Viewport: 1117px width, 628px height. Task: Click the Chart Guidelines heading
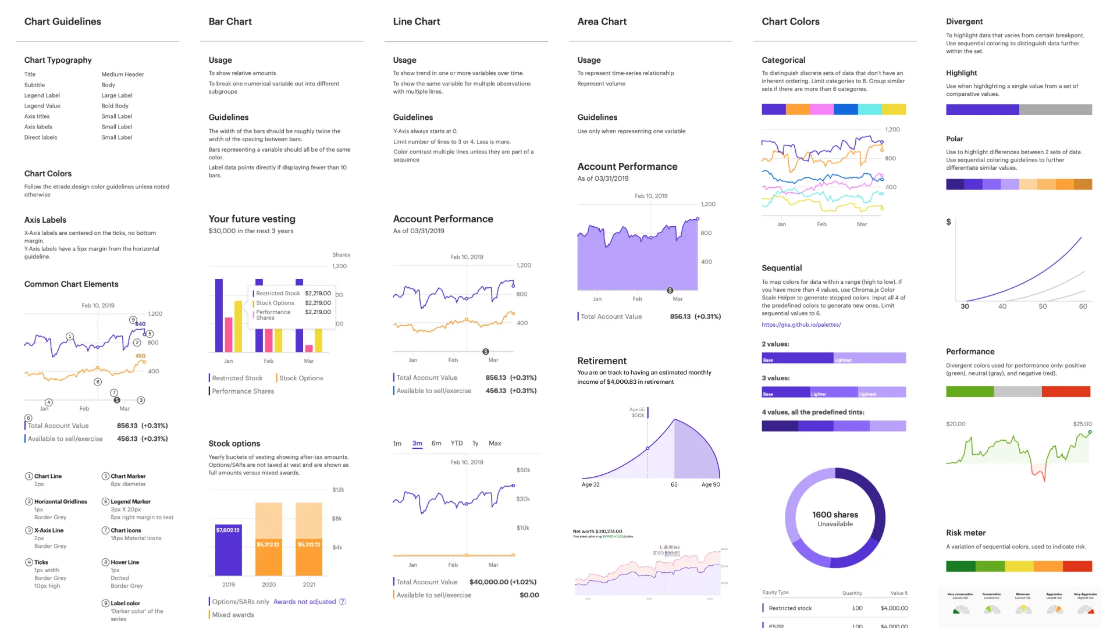(62, 22)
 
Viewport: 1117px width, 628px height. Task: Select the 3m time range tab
(417, 443)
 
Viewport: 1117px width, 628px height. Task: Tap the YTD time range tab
(457, 443)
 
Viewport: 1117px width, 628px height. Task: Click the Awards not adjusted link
(304, 602)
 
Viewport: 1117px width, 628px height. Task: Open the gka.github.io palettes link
(801, 324)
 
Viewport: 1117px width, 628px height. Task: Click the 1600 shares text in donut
(835, 515)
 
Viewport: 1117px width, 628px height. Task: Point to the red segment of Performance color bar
(1066, 391)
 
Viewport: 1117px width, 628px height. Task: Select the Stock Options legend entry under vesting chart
(301, 378)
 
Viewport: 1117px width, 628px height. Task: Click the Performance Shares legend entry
(243, 391)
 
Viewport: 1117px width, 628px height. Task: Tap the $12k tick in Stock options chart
(338, 490)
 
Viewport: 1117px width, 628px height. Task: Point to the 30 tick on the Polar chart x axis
(965, 306)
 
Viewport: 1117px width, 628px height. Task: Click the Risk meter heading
(966, 533)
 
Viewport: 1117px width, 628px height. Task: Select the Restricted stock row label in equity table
(790, 608)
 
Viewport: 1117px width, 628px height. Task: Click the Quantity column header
(852, 593)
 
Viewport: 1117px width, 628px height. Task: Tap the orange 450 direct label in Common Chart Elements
(140, 356)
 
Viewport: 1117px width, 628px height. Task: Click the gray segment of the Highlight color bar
(1055, 110)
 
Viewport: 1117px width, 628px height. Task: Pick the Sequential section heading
(781, 268)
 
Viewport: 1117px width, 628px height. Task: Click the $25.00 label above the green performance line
(1082, 424)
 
